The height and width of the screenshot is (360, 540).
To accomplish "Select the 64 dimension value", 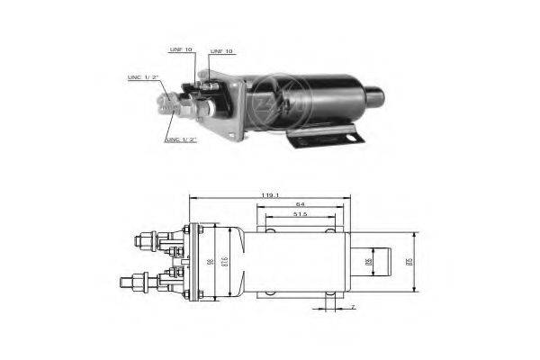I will [x=301, y=205].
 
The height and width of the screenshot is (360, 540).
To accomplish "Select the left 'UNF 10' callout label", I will [x=181, y=50].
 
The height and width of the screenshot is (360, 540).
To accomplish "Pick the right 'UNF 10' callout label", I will [x=221, y=51].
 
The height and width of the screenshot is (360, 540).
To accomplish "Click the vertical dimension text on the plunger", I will [x=368, y=262].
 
